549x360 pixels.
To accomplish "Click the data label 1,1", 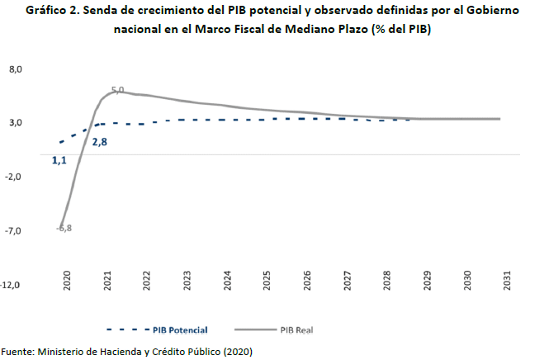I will [x=59, y=160].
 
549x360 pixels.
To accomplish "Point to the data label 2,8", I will [x=100, y=142].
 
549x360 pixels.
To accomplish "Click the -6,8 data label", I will [x=64, y=228].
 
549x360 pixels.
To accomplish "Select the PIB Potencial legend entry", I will [x=175, y=329].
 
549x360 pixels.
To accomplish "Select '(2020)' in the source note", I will [x=235, y=351].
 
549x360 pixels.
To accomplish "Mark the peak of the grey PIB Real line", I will [x=116, y=91].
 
